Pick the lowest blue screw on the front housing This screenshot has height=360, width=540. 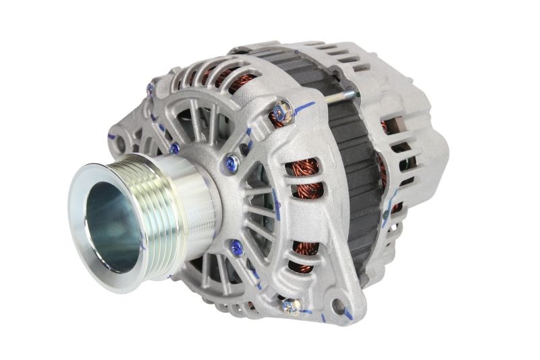236,247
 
